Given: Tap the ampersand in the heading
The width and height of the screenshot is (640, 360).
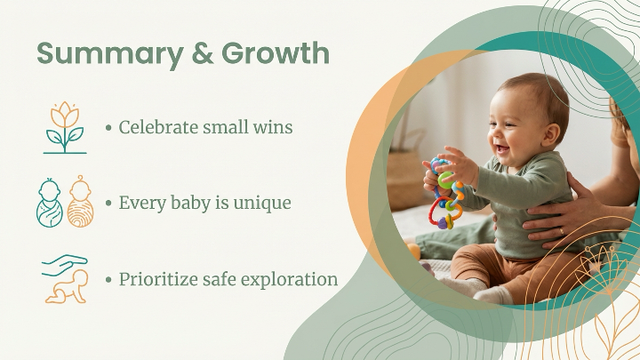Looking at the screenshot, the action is coord(203,53).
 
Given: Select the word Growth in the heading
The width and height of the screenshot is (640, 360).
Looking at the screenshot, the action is coord(276,53).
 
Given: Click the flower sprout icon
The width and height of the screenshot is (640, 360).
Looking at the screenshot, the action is coord(65,127).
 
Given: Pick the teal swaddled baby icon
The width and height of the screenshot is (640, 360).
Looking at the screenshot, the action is coord(50,203).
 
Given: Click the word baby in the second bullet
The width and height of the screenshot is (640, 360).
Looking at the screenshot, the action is coord(190,204).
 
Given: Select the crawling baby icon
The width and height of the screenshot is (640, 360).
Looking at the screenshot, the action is coord(68,287).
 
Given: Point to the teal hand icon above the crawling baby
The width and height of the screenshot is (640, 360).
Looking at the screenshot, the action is coord(65,265).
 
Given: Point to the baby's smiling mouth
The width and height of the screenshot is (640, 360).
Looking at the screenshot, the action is coord(503,148).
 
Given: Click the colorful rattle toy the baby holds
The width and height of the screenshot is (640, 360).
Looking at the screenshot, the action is coord(446,193).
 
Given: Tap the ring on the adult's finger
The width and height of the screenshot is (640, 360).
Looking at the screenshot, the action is coord(562,231).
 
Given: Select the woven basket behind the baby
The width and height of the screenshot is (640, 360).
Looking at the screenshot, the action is coord(405,179).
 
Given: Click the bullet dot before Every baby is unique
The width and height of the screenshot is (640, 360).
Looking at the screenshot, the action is coord(108,203).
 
